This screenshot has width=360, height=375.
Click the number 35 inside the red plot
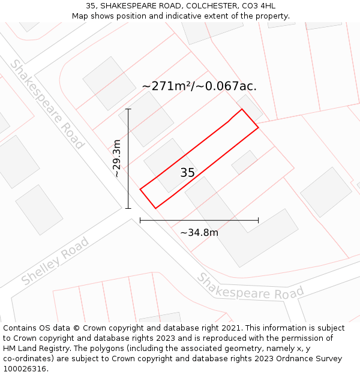[187, 173]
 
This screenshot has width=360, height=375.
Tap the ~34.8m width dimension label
[199, 232]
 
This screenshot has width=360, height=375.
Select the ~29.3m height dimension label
[117, 158]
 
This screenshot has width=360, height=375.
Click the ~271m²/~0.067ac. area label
[199, 86]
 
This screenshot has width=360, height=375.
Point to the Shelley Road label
[55, 261]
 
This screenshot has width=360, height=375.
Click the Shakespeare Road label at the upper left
[46, 104]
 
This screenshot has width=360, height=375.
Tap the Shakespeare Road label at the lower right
[251, 287]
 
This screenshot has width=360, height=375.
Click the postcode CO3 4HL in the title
[260, 6]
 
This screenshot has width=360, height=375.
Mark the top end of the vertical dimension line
[128, 109]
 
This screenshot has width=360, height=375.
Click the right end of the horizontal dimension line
[259, 220]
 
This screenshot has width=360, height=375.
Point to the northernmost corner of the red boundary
[242, 109]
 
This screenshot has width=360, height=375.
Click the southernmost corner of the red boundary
[155, 208]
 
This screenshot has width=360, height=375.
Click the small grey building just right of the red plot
[245, 162]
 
